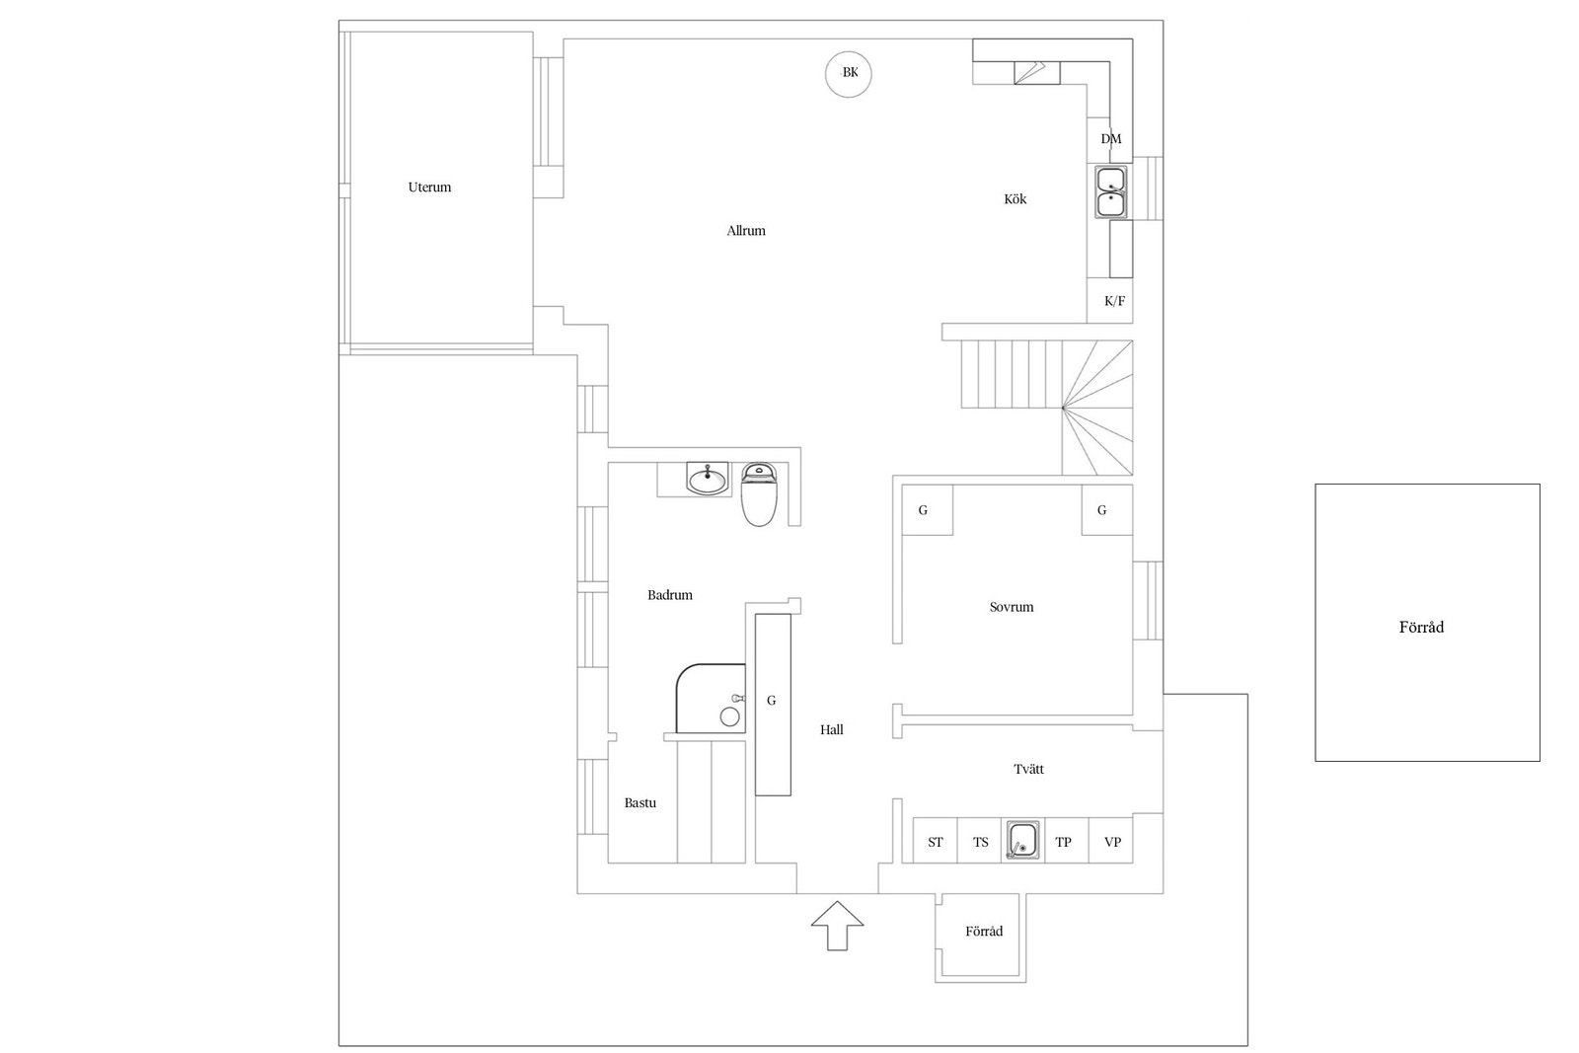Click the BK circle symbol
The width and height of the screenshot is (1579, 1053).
pos(849,74)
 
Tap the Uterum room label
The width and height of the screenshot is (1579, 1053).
pos(429,188)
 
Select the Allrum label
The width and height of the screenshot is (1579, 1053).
pos(746,231)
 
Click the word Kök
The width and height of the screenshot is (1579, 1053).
pos(1015,199)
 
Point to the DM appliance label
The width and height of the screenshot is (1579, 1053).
pos(1111,139)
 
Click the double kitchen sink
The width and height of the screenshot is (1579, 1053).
pos(1111,192)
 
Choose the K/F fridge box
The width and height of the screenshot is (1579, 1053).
pos(1109,301)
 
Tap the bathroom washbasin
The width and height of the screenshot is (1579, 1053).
pos(707,479)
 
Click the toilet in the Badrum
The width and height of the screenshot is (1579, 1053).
pos(759,494)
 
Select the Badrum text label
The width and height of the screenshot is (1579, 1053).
pos(670,595)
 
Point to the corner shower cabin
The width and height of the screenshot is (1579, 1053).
pos(711,699)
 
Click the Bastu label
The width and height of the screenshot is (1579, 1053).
pos(640,802)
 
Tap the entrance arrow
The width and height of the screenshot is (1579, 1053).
pos(837,926)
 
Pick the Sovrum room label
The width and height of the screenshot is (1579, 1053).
pos(1012,607)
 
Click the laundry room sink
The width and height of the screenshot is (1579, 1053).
pos(1022,840)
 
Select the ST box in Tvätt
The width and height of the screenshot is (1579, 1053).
pos(936,840)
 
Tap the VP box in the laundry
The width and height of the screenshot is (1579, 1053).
pos(1111,840)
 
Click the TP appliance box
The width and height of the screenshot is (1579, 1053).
pos(1067,840)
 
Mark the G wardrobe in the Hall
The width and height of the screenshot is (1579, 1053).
pos(774,705)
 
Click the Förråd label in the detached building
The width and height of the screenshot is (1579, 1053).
pos(1421,628)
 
